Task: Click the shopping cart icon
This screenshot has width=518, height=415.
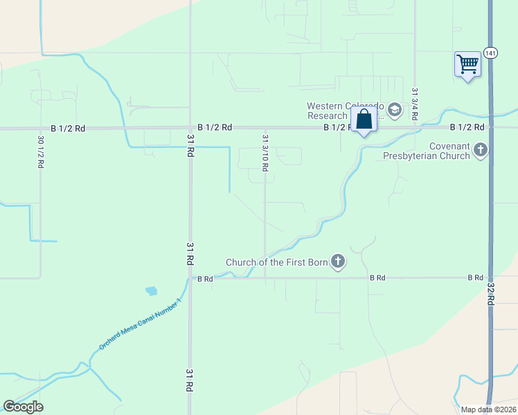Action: coord(468,64)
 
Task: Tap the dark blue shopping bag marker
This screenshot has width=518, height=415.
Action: coord(364,120)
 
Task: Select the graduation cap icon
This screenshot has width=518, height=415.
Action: coord(394,110)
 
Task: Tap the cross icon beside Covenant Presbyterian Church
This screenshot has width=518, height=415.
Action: coord(481,150)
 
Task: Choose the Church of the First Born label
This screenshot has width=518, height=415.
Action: coord(276,262)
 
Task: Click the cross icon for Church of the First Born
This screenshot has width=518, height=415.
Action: coord(337,261)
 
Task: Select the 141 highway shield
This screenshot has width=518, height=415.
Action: coord(490,53)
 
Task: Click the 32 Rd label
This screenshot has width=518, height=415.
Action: coord(490,295)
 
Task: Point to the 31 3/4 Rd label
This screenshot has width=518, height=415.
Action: coord(414,104)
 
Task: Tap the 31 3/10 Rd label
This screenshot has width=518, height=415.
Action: coord(265,153)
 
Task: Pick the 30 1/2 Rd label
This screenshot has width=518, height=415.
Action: coord(39,153)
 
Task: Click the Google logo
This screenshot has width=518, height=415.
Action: coord(23,407)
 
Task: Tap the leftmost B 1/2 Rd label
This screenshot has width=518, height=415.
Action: coord(68,128)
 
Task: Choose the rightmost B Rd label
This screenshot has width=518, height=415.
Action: coord(475,277)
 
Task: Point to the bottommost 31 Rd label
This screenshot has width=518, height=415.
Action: coord(190,382)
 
